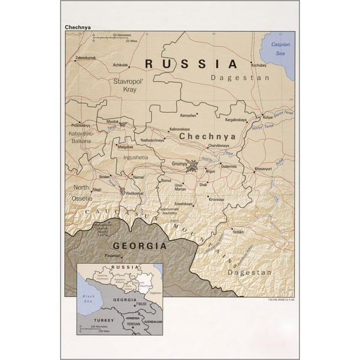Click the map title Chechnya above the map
pyautogui.click(x=78, y=26)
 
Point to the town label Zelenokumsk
pyautogui.click(x=86, y=58)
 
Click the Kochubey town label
pyautogui.click(x=259, y=65)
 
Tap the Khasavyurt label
pyautogui.click(x=264, y=169)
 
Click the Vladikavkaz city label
pyautogui.click(x=134, y=193)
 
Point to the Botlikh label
pyautogui.click(x=238, y=232)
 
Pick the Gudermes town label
pyautogui.click(x=228, y=166)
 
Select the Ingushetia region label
pyautogui.click(x=136, y=158)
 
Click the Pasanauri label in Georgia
pyautogui.click(x=112, y=255)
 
